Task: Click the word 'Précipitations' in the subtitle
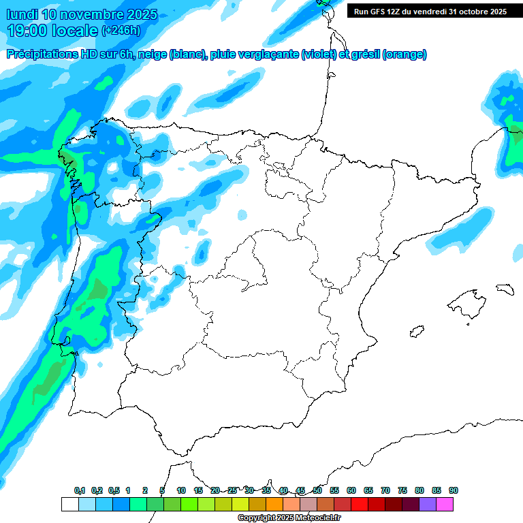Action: (42, 55)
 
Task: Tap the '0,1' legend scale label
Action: (79, 491)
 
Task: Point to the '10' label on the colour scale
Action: (181, 491)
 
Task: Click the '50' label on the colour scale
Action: (317, 491)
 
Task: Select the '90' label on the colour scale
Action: (454, 491)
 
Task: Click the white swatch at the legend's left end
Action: (69, 504)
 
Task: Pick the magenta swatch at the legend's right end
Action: (445, 504)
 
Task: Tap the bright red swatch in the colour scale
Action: (360, 504)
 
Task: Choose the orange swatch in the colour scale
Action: (274, 504)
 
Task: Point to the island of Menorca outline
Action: (505, 289)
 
